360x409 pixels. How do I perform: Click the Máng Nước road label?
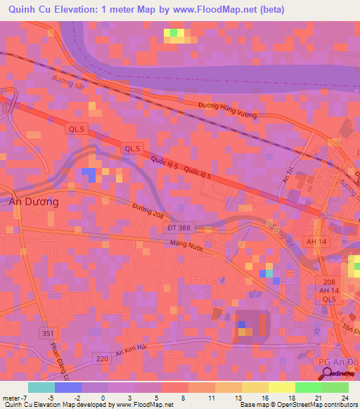point(186,244)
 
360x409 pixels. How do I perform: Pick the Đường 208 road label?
point(149,208)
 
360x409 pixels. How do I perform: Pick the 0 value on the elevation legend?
point(103,398)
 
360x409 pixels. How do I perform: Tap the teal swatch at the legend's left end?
point(41,387)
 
